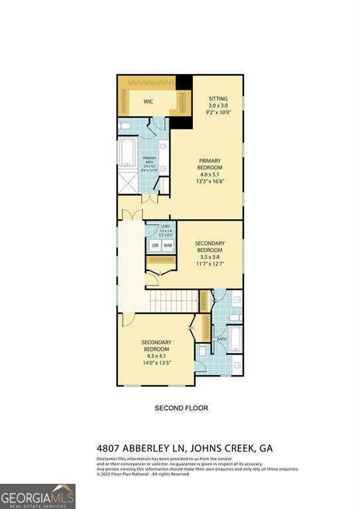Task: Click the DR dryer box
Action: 155,246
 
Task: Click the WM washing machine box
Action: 168,246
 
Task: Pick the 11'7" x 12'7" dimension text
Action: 210,264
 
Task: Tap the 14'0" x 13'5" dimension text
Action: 156,363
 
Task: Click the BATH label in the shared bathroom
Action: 221,339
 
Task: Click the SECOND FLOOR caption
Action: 181,408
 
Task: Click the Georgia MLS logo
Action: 38,496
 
